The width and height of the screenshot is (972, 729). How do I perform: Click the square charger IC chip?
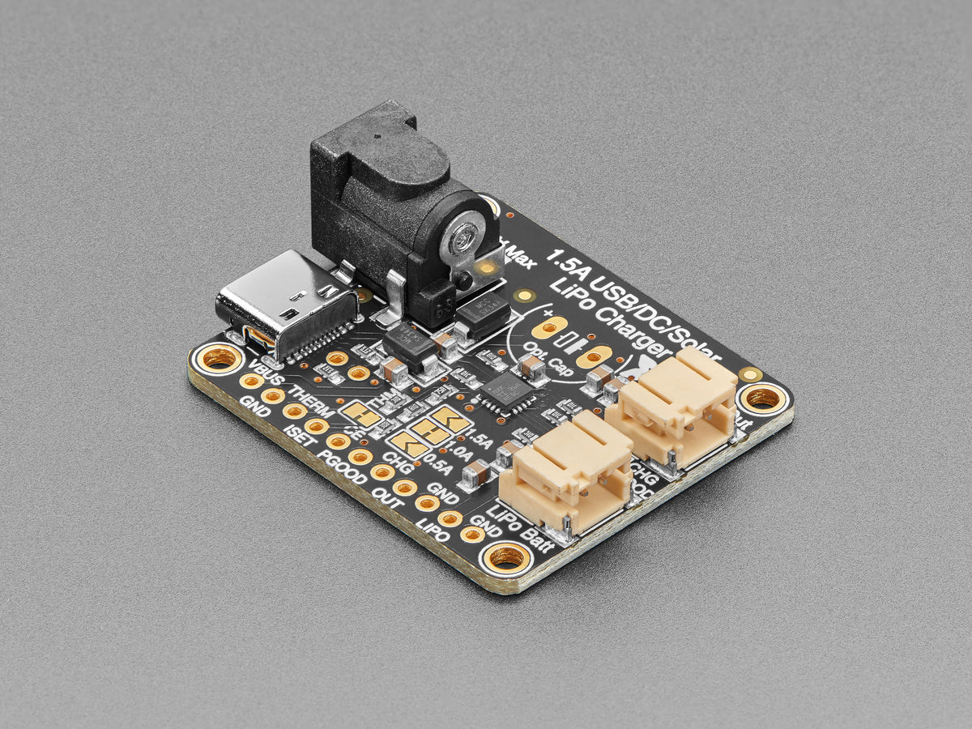pos(507,391)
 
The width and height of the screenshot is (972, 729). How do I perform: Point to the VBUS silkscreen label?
pos(264,379)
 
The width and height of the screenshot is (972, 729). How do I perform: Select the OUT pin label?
pos(388,497)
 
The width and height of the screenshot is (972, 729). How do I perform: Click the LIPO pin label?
pos(433,524)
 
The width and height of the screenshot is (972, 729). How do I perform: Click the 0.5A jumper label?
pos(439,466)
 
